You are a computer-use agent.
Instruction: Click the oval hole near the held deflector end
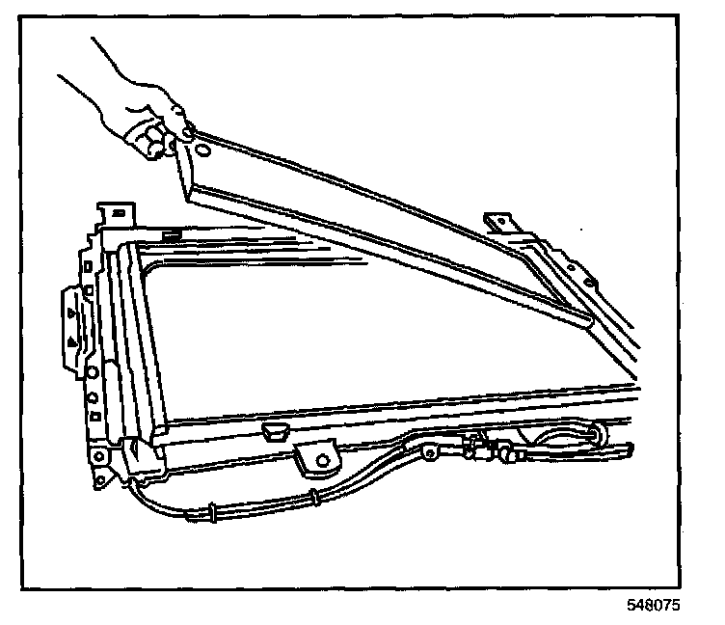pos(202,151)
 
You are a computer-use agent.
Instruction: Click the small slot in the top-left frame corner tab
pos(117,210)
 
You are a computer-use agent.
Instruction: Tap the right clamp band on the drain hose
pos(315,498)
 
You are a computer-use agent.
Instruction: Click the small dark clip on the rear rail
pos(175,233)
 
